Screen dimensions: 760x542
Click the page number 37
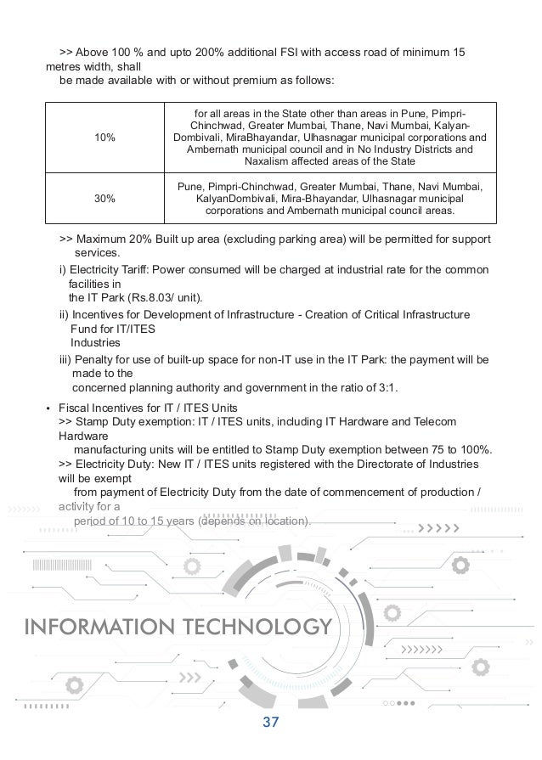point(271,723)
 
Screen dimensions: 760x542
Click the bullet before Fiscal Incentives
point(47,408)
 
